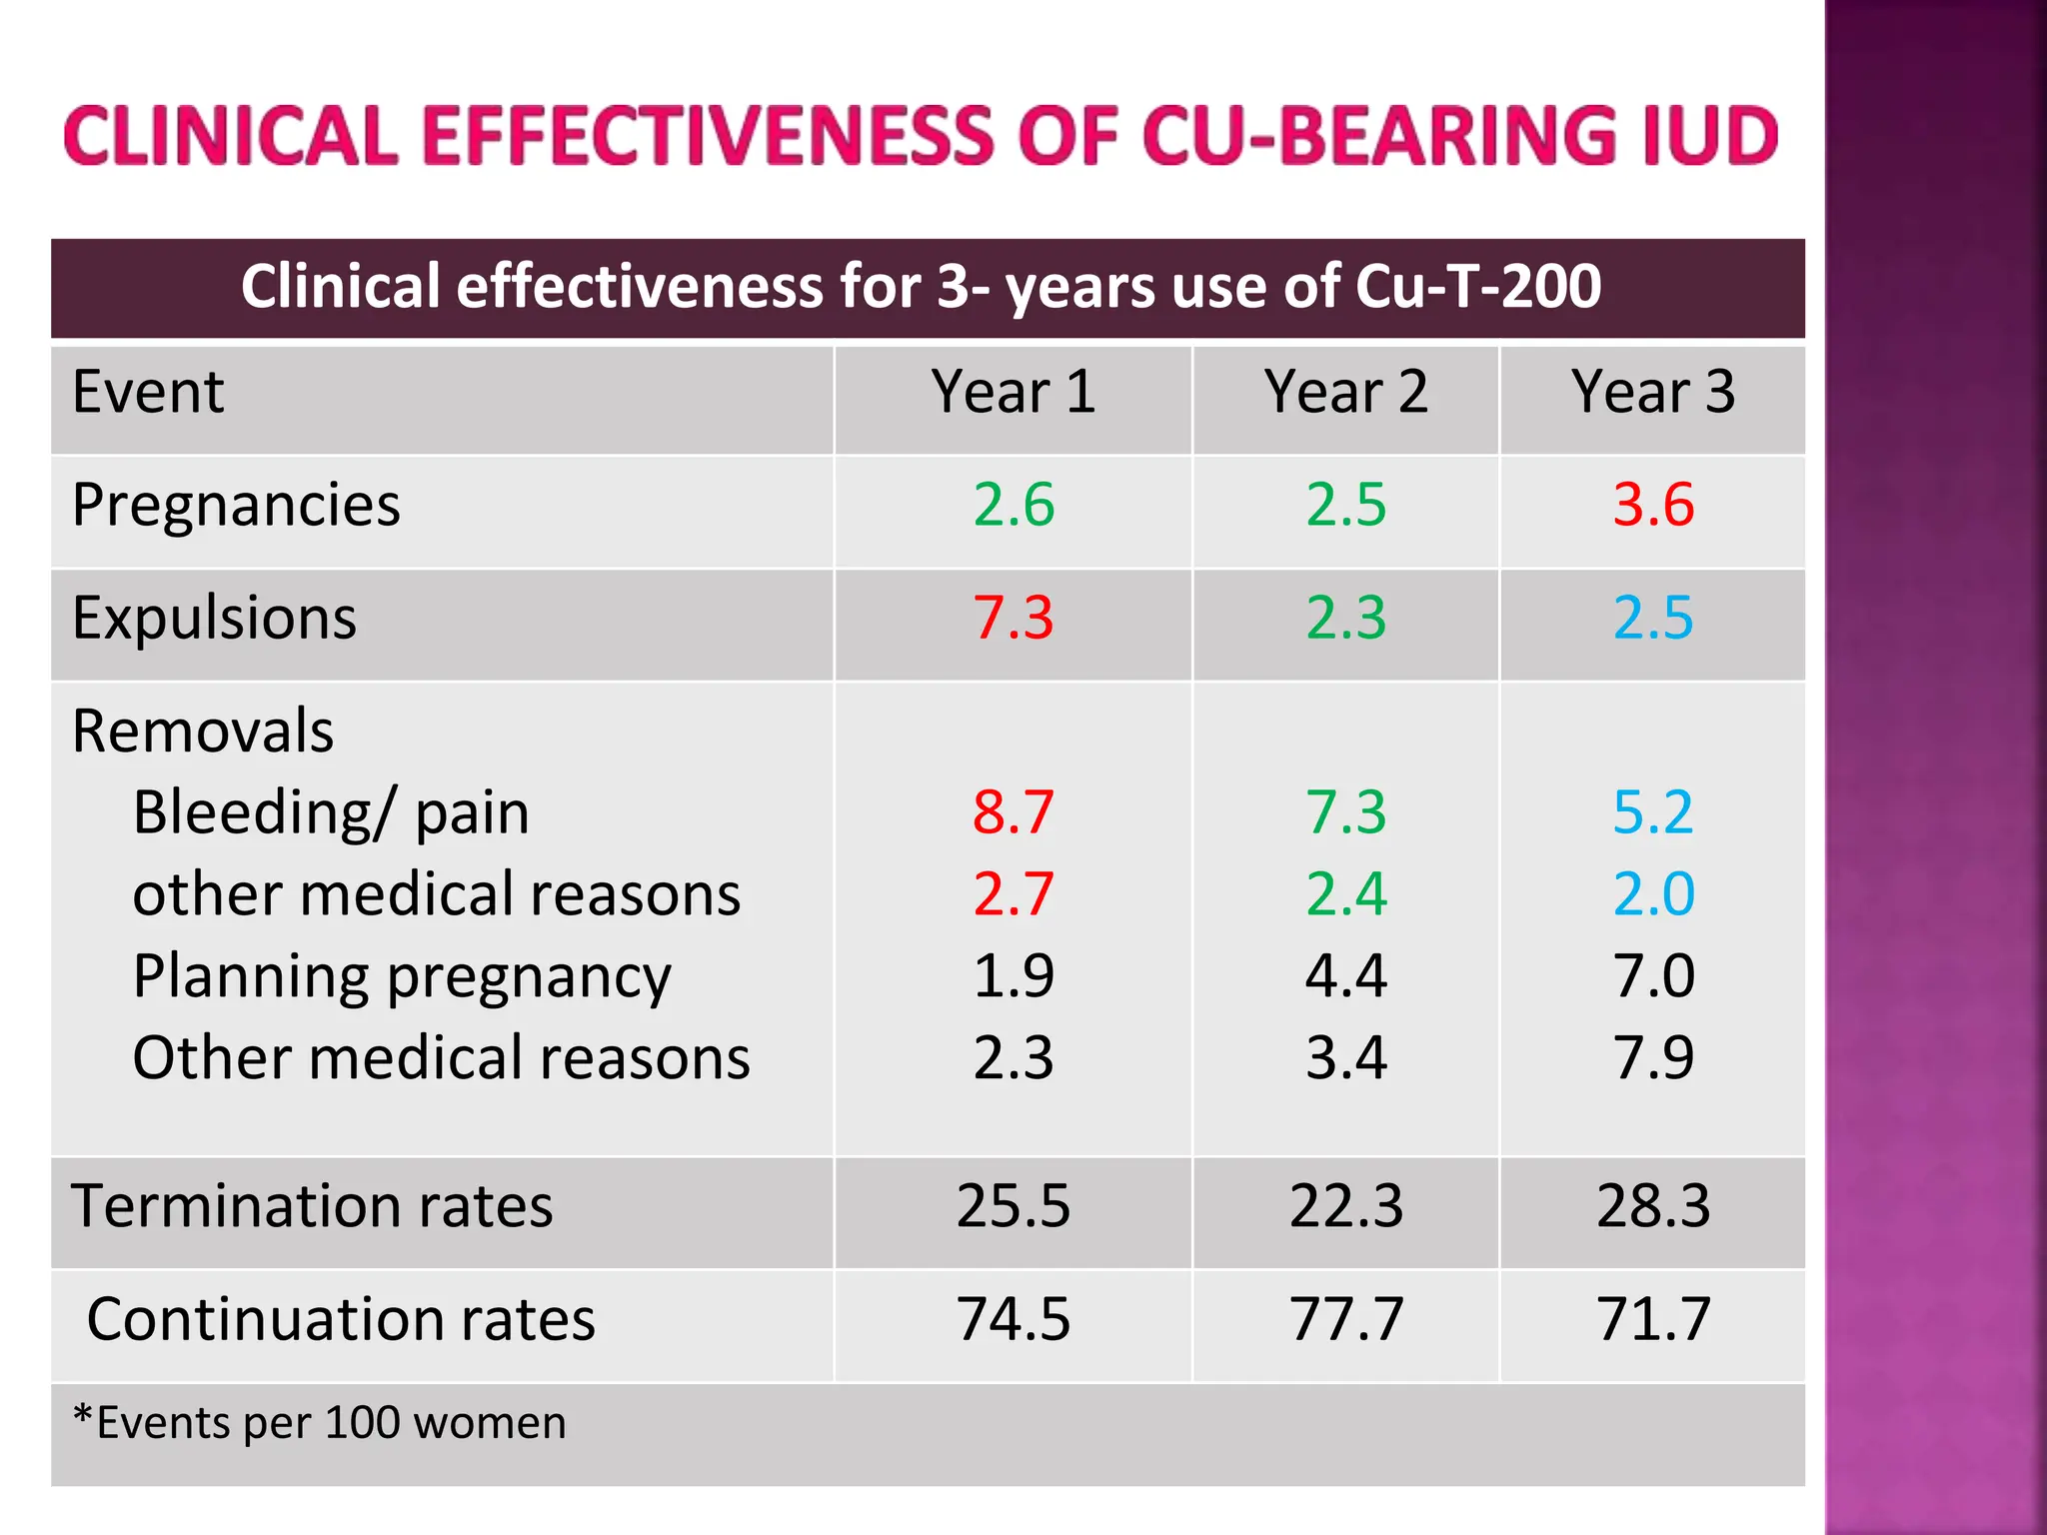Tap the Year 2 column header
1345,391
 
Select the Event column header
148,391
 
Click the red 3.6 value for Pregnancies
1653,504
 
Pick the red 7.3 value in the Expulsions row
1014,617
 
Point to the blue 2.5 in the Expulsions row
1653,617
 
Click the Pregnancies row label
236,504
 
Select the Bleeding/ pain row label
330,811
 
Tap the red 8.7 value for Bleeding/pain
1014,811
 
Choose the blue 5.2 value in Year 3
1653,811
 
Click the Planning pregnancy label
402,975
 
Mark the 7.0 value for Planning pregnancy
1653,975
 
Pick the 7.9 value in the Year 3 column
1653,1057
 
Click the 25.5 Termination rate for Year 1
1014,1205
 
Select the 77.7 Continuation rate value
1345,1318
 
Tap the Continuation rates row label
340,1318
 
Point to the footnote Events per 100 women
320,1422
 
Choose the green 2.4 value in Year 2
1345,893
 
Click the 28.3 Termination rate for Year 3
1653,1205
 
